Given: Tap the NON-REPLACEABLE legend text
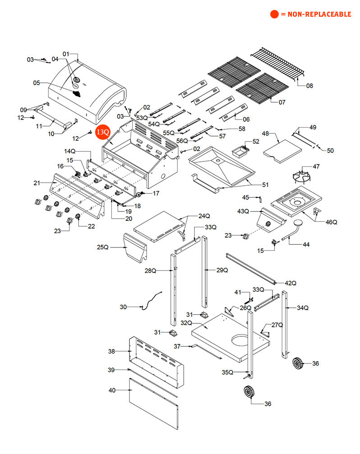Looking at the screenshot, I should tap(316, 14).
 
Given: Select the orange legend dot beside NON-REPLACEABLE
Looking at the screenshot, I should tap(274, 14).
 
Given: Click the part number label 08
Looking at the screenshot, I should tap(309, 86).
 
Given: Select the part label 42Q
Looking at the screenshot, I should tap(291, 283).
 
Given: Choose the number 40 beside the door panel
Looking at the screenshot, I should tap(112, 390).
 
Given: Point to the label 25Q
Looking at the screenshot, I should tap(102, 247).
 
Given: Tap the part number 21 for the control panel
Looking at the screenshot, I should tap(37, 183).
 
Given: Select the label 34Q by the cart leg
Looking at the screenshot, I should tap(302, 308).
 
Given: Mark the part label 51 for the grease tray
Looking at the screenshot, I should tap(265, 184).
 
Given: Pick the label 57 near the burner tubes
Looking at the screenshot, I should tap(222, 136).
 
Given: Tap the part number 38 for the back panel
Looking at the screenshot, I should tap(111, 351).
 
